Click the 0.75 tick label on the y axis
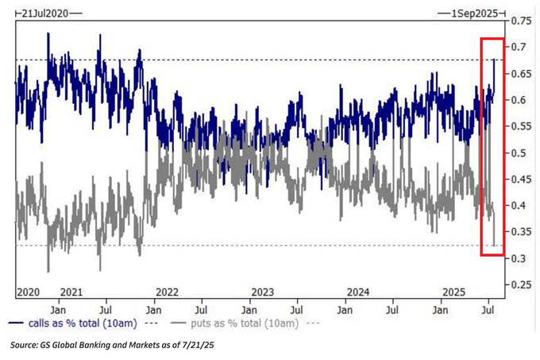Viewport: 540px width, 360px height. pyautogui.click(x=522, y=21)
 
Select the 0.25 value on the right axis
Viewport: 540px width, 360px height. pyautogui.click(x=522, y=285)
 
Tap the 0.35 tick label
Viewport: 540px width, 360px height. pyautogui.click(x=522, y=232)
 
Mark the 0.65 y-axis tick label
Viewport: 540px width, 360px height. pyautogui.click(x=522, y=74)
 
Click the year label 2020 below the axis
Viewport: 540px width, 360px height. pyautogui.click(x=28, y=291)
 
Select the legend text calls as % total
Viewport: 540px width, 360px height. pyautogui.click(x=79, y=323)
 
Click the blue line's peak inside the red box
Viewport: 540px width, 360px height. pyautogui.click(x=495, y=60)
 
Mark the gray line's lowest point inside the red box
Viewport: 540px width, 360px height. pyautogui.click(x=494, y=246)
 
